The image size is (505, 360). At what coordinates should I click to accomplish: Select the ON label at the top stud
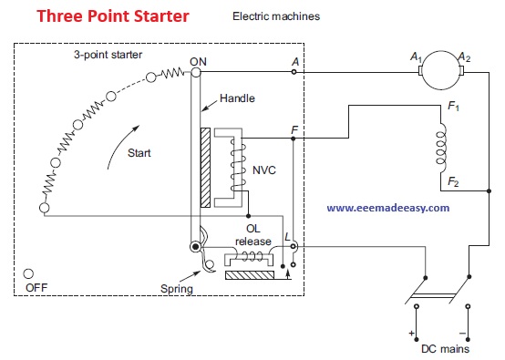[x=198, y=61]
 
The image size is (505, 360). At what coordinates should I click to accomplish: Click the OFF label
[x=36, y=285]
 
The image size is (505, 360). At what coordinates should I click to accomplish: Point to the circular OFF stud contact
[x=30, y=273]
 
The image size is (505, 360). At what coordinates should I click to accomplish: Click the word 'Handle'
[x=236, y=98]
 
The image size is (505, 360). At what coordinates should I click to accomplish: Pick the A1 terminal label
[x=416, y=57]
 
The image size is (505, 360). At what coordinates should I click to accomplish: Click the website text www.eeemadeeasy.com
[x=387, y=207]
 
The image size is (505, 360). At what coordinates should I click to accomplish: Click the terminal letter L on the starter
[x=288, y=237]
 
